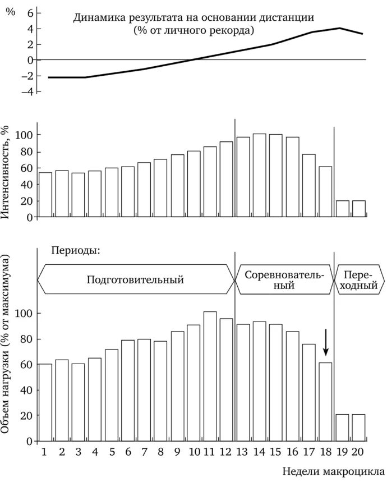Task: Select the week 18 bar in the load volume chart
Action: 325,402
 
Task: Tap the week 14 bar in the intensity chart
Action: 259,175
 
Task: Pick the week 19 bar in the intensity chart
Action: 342,209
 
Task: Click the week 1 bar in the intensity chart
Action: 45,194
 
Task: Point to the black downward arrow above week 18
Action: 326,343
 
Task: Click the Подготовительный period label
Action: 135,279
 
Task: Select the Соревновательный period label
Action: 284,279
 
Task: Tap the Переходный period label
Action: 360,279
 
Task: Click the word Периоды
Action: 76,250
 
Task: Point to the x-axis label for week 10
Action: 194,452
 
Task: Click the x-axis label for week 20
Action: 359,452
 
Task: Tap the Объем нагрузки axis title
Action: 8,343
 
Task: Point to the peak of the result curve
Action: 339,28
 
